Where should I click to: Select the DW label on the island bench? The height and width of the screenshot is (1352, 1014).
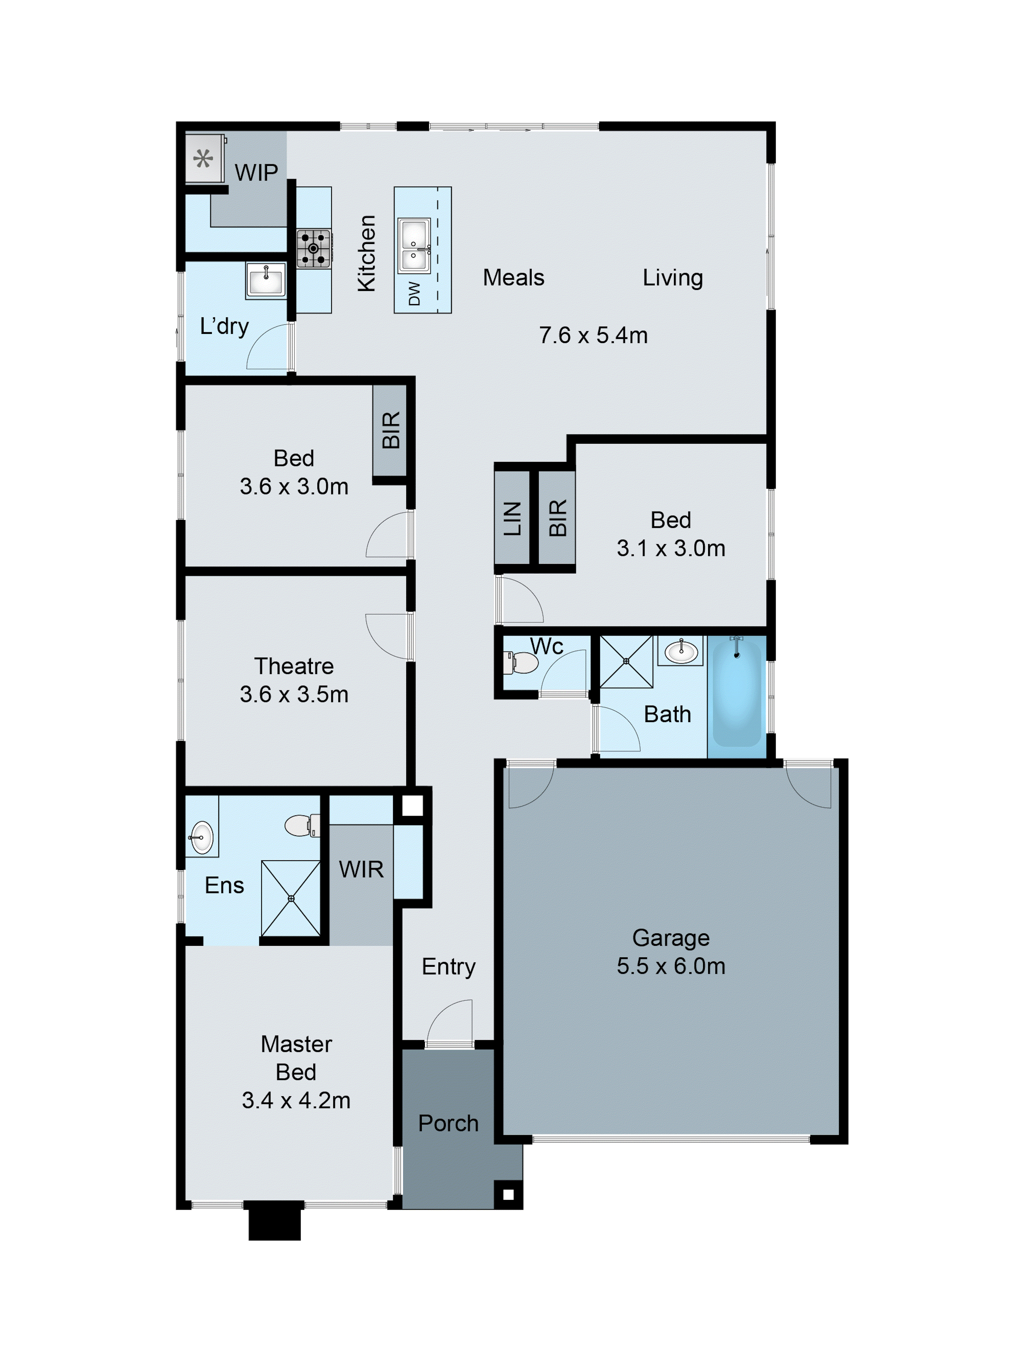[414, 293]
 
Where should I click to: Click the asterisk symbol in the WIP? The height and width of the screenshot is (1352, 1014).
[203, 159]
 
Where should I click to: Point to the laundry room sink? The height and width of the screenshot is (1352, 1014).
[265, 280]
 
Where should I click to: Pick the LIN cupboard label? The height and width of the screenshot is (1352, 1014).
[512, 518]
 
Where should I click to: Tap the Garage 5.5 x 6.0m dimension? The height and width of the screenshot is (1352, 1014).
[671, 966]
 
